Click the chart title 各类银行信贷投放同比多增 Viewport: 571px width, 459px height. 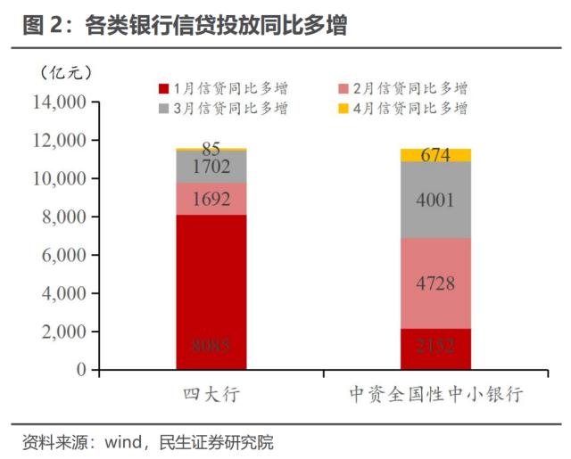click(x=214, y=27)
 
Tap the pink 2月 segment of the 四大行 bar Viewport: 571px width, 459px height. click(x=211, y=199)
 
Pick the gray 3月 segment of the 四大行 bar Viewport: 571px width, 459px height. click(x=211, y=167)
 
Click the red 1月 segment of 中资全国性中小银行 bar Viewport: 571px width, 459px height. click(x=435, y=348)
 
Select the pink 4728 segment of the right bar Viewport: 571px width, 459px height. click(x=435, y=283)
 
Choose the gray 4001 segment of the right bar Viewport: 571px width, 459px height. click(x=435, y=200)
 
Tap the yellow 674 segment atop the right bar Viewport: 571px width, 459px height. click(x=435, y=155)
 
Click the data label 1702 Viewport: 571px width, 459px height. click(x=211, y=167)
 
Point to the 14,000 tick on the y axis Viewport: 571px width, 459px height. click(x=61, y=102)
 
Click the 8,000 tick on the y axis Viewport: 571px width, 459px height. click(x=64, y=217)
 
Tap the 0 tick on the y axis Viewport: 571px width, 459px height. click(x=81, y=369)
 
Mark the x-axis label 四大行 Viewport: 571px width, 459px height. click(x=211, y=394)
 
